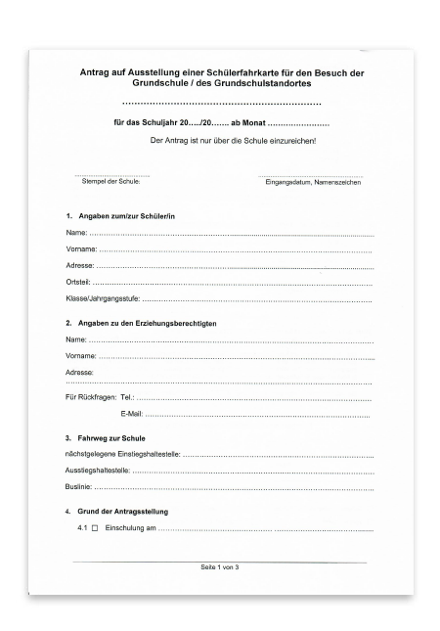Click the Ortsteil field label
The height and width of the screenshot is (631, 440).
67,281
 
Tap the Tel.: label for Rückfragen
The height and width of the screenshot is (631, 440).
125,398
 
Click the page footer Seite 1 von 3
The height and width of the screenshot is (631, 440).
219,567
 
